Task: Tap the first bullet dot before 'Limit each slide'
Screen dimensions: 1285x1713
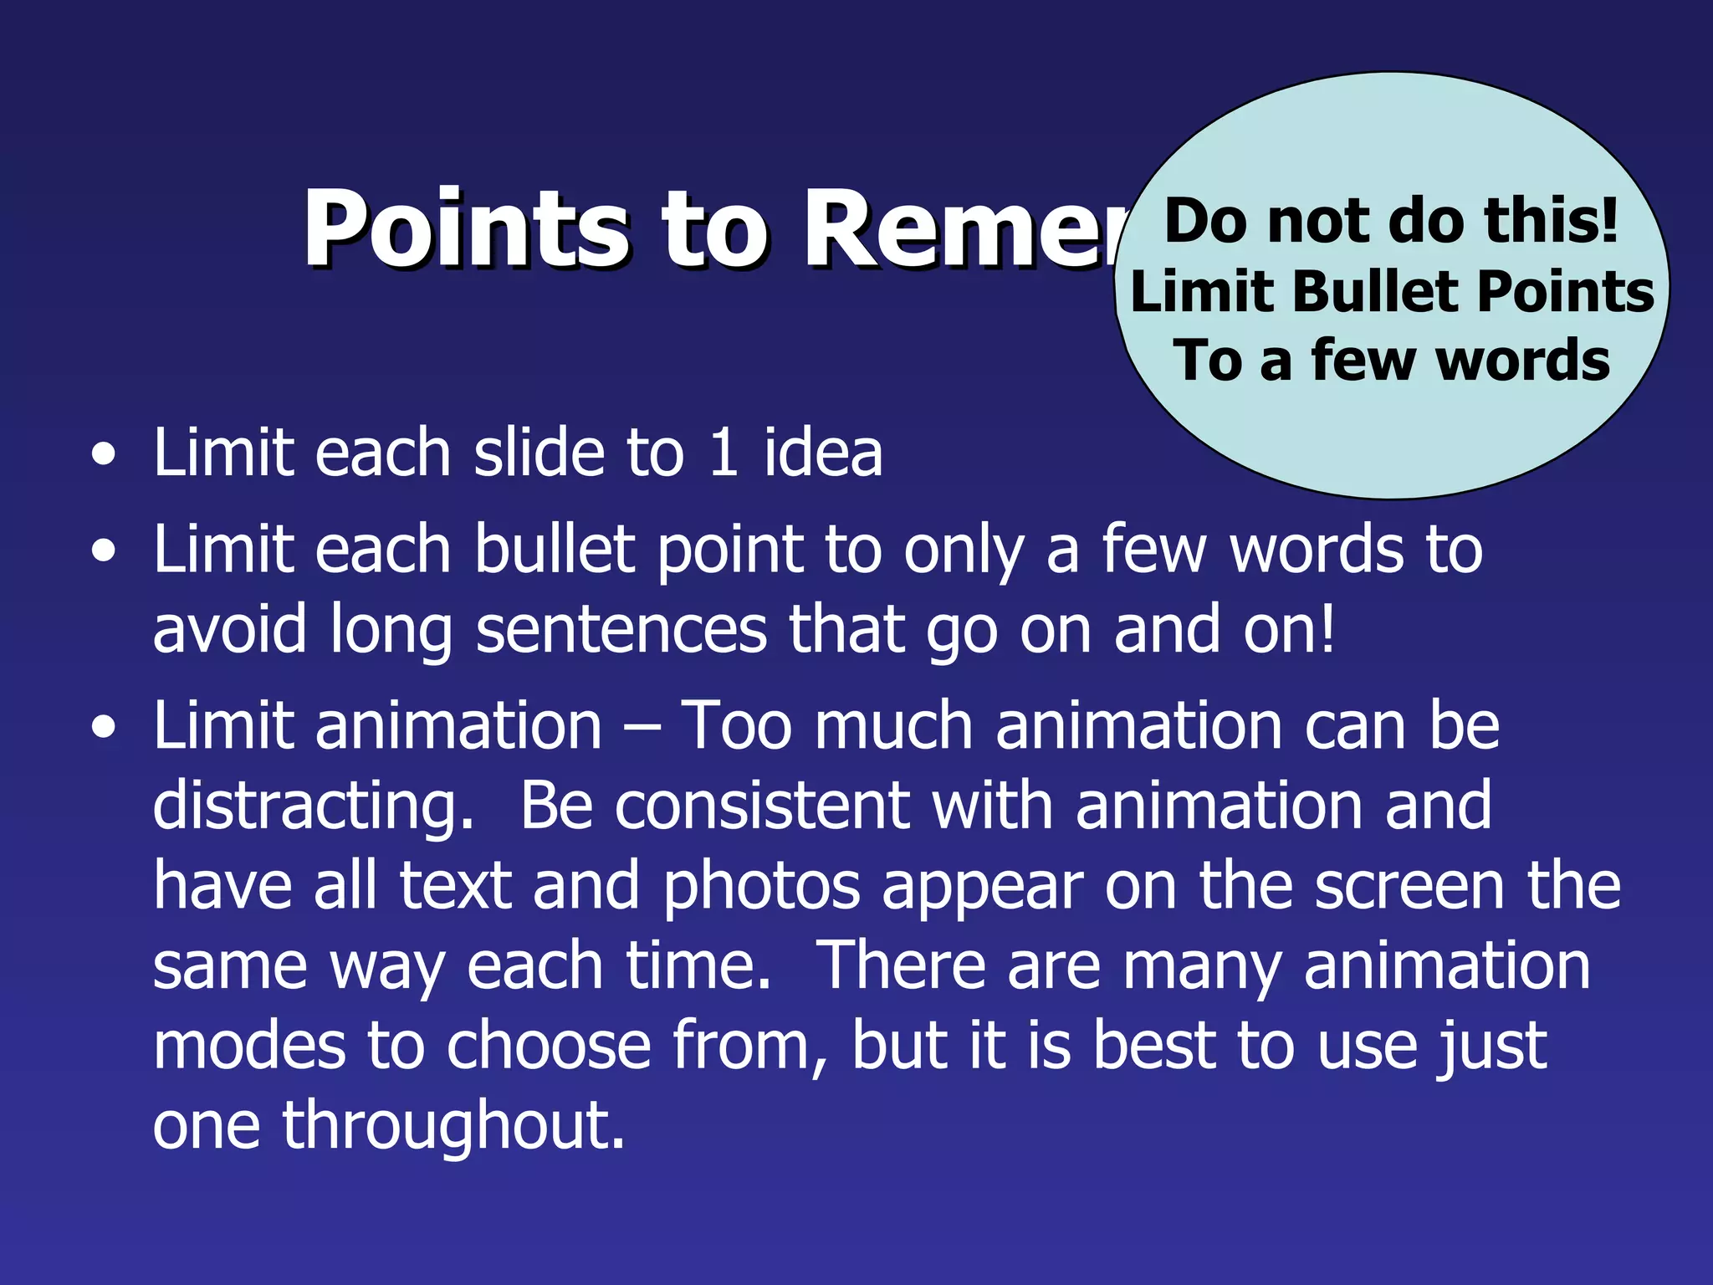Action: point(104,456)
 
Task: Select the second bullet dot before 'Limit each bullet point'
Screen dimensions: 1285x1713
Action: point(104,552)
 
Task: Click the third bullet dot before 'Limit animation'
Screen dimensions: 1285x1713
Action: point(104,728)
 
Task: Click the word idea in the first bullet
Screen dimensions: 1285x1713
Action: point(823,453)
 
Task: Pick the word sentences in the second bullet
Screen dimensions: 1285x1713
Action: point(621,629)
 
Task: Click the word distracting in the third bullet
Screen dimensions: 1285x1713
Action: point(311,805)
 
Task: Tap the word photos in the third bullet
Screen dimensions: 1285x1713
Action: point(761,885)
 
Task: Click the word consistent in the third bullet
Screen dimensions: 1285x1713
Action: point(762,805)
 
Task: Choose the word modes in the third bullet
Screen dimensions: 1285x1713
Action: point(248,1046)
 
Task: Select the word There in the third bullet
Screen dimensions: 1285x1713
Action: point(900,965)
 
